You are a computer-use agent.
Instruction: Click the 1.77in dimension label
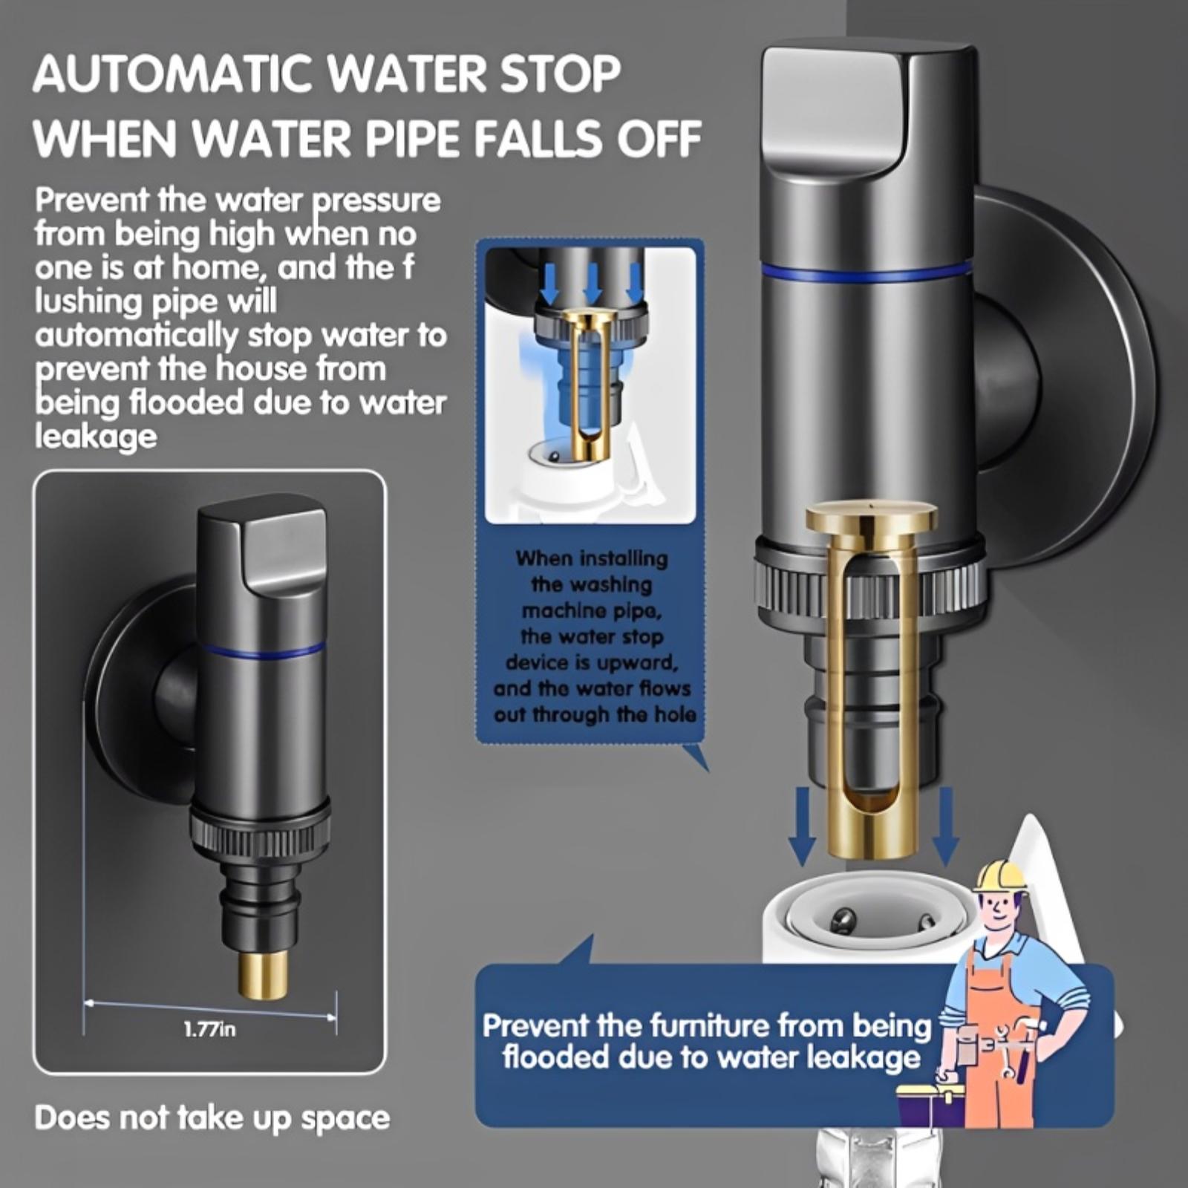tap(209, 1030)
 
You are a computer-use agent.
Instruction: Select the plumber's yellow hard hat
tap(1000, 876)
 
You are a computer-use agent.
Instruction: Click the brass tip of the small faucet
tap(263, 975)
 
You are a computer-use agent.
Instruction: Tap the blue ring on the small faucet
tap(263, 652)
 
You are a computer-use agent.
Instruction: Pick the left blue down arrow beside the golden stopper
tap(801, 825)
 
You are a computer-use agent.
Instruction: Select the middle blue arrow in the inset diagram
tap(592, 285)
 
